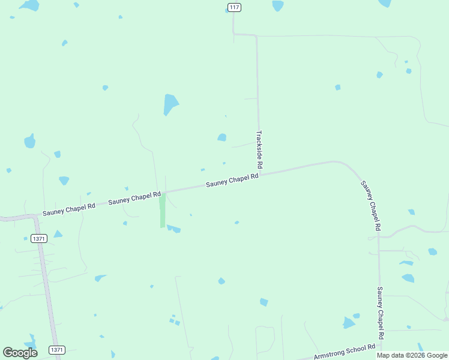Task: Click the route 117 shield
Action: point(234,7)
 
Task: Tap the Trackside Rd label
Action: point(259,149)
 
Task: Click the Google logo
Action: point(20,352)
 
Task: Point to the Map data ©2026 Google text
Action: point(412,355)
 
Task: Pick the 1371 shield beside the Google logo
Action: point(57,350)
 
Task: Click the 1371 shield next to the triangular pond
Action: point(39,238)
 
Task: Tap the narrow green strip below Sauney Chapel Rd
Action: point(162,210)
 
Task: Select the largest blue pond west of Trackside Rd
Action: point(170,104)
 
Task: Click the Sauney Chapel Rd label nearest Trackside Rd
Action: point(232,180)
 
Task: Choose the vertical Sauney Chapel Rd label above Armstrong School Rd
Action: point(380,308)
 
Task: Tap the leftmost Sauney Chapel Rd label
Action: point(69,209)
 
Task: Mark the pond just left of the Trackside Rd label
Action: point(222,137)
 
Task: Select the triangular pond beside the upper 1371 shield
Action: point(58,234)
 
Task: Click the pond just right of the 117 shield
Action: point(277,5)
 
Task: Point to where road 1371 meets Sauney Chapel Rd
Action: point(35,217)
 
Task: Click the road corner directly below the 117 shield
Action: point(234,34)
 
